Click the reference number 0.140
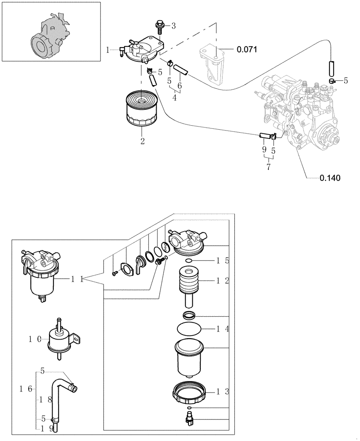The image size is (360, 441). [x=330, y=178]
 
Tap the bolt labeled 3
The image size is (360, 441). [x=159, y=27]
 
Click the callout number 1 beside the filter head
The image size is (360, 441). [x=108, y=51]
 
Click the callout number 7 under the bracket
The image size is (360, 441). [x=268, y=168]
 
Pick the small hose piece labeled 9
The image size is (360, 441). [x=264, y=135]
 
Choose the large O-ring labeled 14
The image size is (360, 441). [x=189, y=329]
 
